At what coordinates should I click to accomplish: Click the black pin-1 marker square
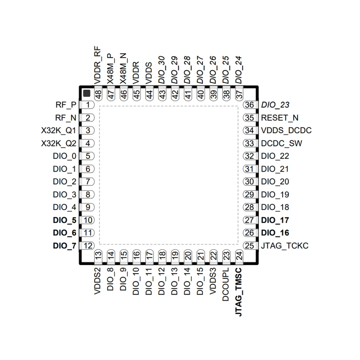(x=86, y=94)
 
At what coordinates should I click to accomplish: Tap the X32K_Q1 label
(x=58, y=131)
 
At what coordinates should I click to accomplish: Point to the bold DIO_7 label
(x=64, y=246)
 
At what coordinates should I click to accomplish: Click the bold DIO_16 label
(x=275, y=233)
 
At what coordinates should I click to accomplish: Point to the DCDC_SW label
(x=282, y=144)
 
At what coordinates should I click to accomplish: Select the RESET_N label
(x=280, y=118)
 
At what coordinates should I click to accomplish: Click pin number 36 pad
(x=249, y=105)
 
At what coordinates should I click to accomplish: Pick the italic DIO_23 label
(x=275, y=105)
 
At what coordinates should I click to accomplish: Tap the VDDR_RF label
(x=97, y=65)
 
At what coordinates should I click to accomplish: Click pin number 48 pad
(x=97, y=94)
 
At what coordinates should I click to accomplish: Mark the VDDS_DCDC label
(x=286, y=131)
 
